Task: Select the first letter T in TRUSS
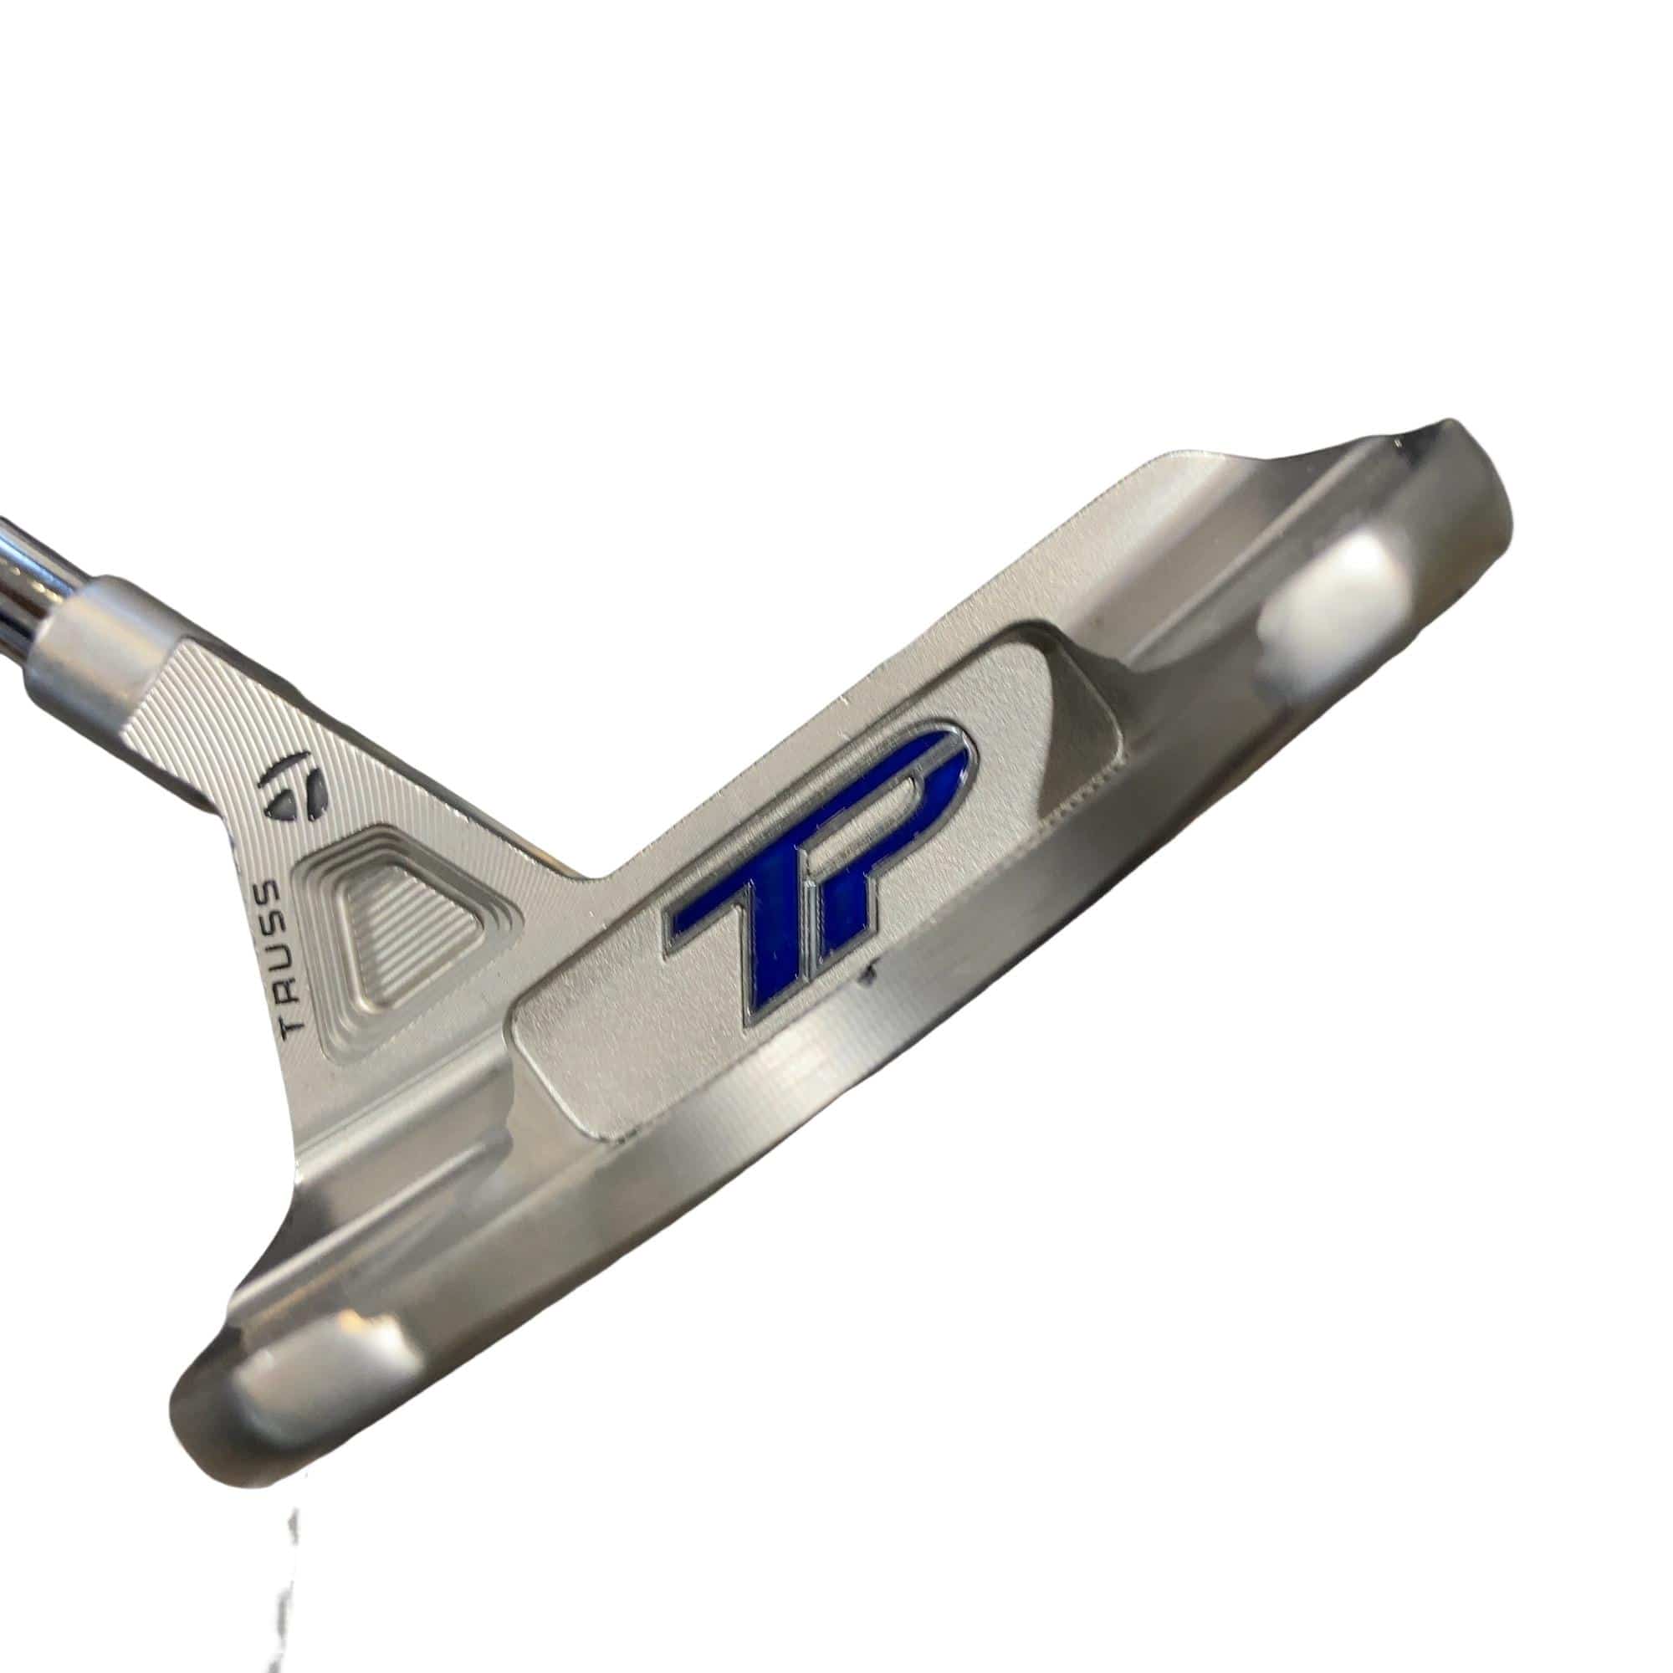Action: [x=288, y=1026]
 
